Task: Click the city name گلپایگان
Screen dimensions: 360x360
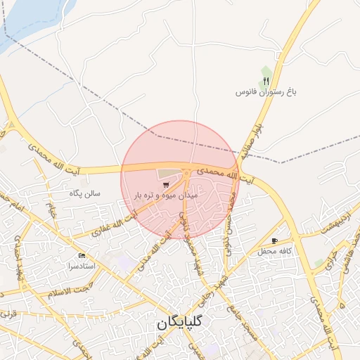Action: (x=187, y=324)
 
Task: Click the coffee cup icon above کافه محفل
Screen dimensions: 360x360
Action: (x=284, y=240)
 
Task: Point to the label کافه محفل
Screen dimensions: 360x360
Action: (x=275, y=251)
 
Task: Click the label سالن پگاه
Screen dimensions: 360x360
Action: (x=85, y=192)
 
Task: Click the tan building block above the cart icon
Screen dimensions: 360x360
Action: (x=168, y=173)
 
